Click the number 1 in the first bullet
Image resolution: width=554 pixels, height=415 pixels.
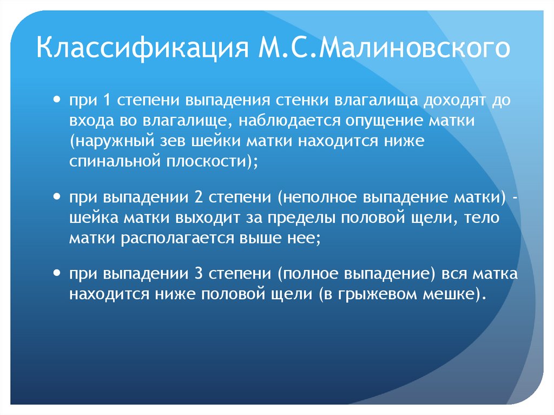click(x=105, y=102)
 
